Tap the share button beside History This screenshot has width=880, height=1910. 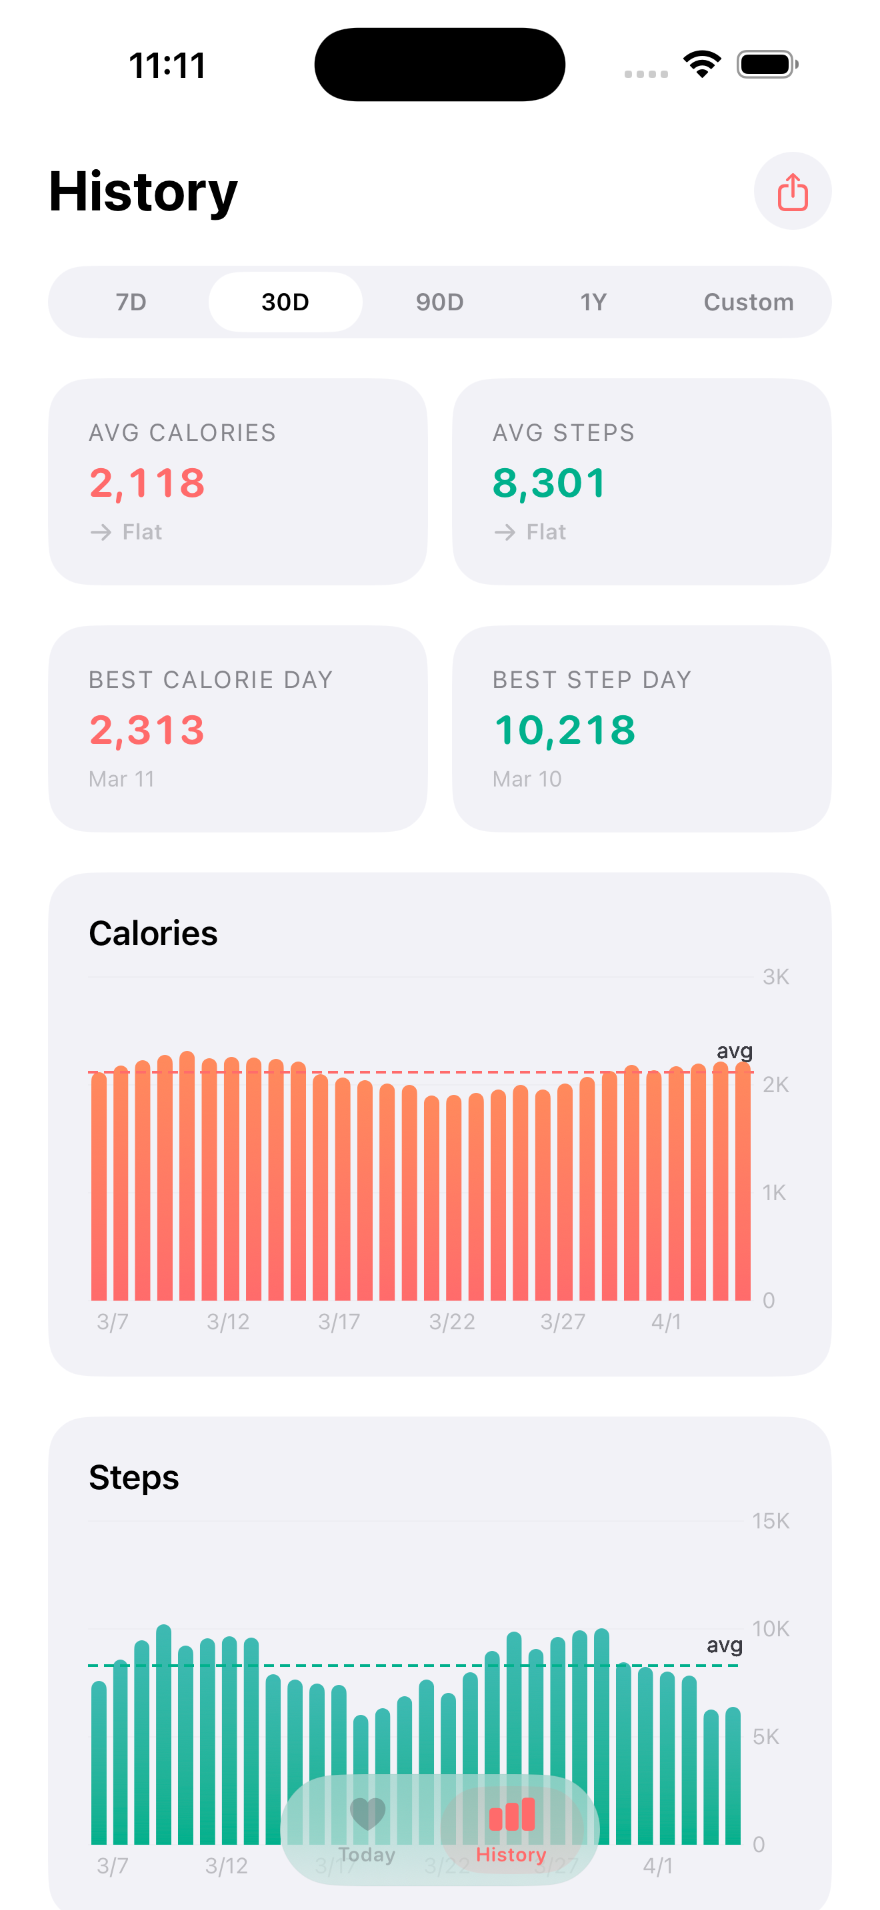tap(792, 191)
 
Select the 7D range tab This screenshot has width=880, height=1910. tap(131, 302)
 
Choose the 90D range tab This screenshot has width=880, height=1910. tap(439, 302)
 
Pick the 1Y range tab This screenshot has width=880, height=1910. tap(593, 302)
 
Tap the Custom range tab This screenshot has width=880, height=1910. tap(748, 302)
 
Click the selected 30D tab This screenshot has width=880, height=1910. tap(285, 302)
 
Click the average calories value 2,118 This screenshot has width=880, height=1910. tap(147, 483)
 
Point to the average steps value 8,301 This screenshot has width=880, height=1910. tap(549, 483)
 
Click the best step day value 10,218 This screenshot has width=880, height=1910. tap(565, 731)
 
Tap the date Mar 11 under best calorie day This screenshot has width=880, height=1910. tap(122, 779)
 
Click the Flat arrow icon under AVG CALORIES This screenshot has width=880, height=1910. tap(101, 531)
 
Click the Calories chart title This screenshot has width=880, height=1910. tap(153, 934)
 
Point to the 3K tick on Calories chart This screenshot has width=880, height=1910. tap(775, 976)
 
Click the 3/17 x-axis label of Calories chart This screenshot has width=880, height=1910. tap(339, 1321)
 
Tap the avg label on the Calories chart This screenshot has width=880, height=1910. tap(734, 1051)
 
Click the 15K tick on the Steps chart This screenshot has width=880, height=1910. tap(770, 1520)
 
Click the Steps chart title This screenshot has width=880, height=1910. tap(133, 1478)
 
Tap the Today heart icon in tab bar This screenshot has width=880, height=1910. tap(367, 1813)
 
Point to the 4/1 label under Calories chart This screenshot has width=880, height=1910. tap(665, 1321)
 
